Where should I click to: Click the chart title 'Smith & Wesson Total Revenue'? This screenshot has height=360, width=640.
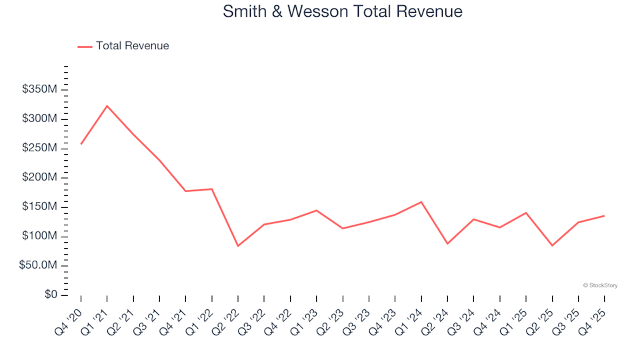click(x=343, y=11)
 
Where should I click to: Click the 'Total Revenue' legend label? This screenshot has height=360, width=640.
click(x=132, y=46)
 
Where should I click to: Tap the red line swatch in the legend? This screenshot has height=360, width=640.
click(x=85, y=47)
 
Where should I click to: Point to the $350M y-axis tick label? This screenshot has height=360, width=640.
click(x=41, y=89)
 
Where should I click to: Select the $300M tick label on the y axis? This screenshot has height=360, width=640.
click(x=41, y=119)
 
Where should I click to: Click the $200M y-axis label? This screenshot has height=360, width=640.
click(x=41, y=177)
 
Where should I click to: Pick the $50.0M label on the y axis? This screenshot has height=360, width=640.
click(x=39, y=265)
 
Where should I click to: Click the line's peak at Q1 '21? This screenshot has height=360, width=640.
click(x=107, y=105)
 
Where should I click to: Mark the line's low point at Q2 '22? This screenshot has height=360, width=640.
click(x=238, y=246)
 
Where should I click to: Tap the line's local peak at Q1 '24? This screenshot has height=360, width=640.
click(x=421, y=202)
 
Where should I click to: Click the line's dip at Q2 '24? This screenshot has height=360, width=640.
click(x=447, y=243)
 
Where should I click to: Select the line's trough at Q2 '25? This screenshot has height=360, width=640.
click(x=552, y=245)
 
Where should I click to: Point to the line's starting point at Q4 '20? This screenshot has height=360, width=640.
click(x=81, y=144)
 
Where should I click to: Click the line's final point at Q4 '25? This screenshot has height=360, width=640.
click(x=604, y=215)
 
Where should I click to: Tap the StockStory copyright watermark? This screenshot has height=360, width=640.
click(x=600, y=285)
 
